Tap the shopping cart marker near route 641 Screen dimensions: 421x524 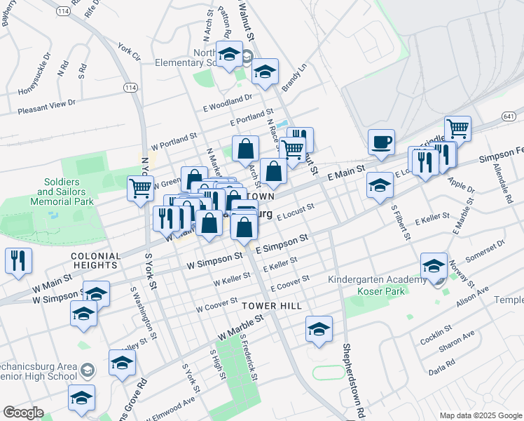457,129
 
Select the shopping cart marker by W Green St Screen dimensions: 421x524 140,188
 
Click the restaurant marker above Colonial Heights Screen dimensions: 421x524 18,260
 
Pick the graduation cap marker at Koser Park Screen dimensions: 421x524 434,267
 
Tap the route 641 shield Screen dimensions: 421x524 509,116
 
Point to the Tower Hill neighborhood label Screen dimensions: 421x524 272,307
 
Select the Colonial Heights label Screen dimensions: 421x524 94,261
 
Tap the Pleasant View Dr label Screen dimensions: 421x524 46,106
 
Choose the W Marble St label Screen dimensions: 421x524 240,325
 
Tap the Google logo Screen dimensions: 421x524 24,413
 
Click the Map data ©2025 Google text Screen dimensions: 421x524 481,415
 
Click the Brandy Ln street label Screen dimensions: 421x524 294,79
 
